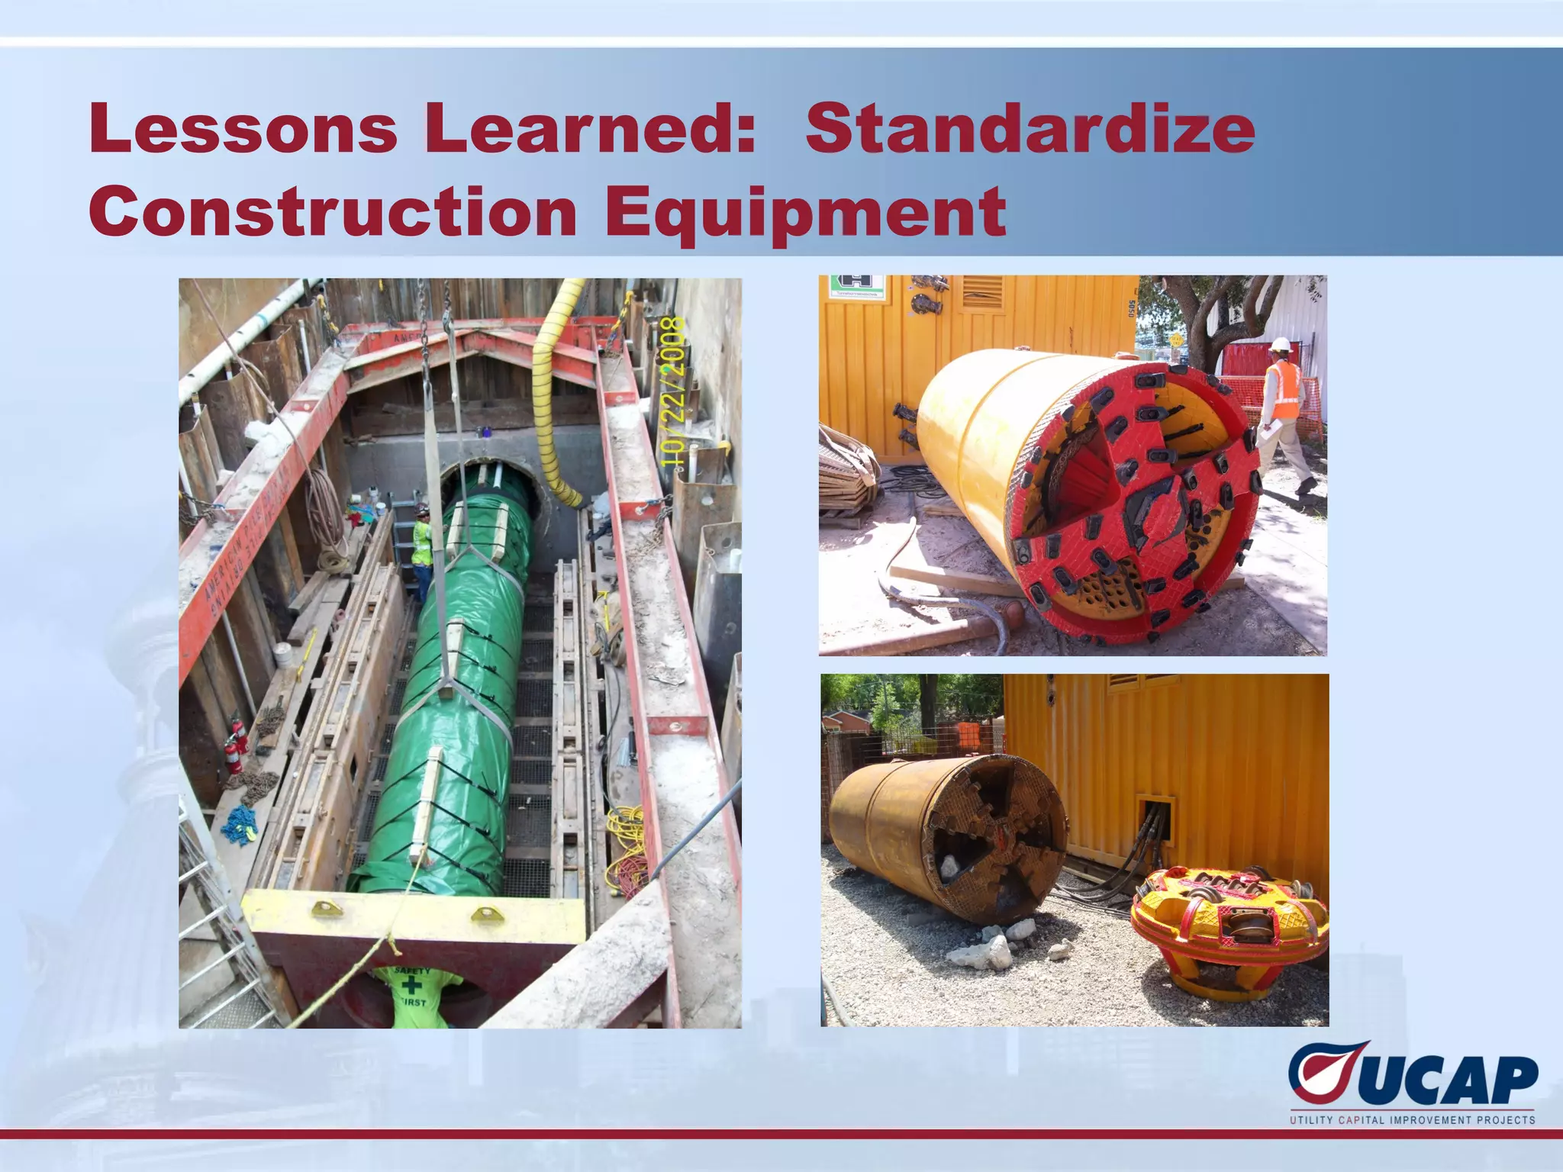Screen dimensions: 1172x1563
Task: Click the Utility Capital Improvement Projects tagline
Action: point(1412,1120)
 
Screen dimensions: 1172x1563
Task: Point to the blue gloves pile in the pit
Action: point(240,824)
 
